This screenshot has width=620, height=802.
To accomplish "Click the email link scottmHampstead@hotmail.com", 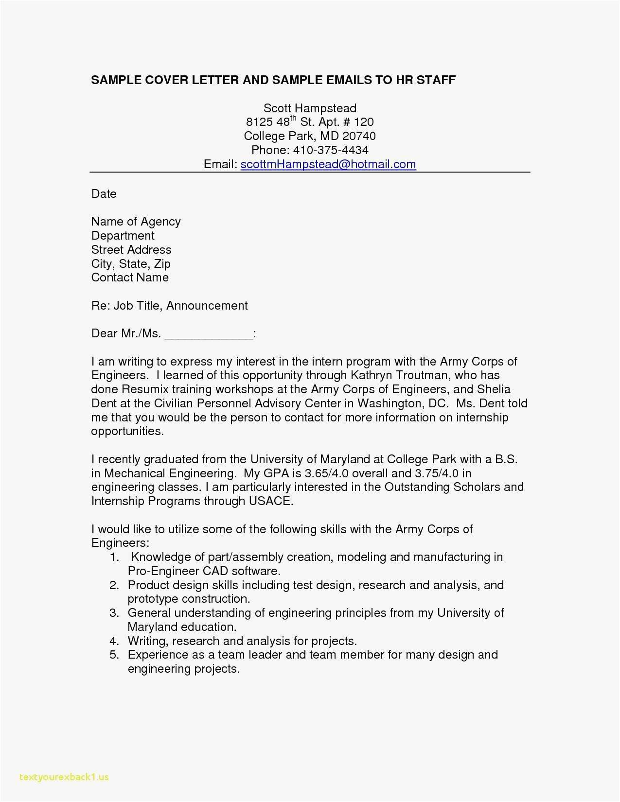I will click(328, 164).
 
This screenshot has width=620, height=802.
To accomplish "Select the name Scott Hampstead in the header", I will click(310, 108).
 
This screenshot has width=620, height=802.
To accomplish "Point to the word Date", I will click(104, 194).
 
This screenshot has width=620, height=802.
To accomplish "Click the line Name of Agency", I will click(136, 222).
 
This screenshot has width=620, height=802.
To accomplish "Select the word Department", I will click(123, 236).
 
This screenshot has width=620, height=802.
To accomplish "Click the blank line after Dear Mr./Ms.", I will click(209, 334).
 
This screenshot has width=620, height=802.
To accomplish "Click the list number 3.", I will click(114, 613).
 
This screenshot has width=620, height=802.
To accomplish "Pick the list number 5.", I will click(114, 655).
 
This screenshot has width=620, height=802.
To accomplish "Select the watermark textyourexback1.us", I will click(64, 777).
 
